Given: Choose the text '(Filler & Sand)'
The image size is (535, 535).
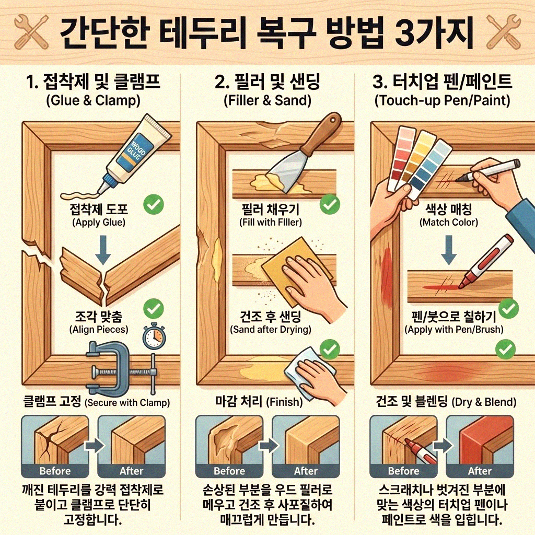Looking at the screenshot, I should tap(267, 100).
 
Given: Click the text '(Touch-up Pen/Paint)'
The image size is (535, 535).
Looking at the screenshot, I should tap(442, 100).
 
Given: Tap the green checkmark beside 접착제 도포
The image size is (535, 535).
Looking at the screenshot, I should tap(152, 205).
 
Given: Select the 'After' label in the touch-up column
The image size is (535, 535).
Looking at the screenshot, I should tap(480, 471).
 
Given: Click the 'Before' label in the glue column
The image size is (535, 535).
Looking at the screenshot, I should tap(55, 471).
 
